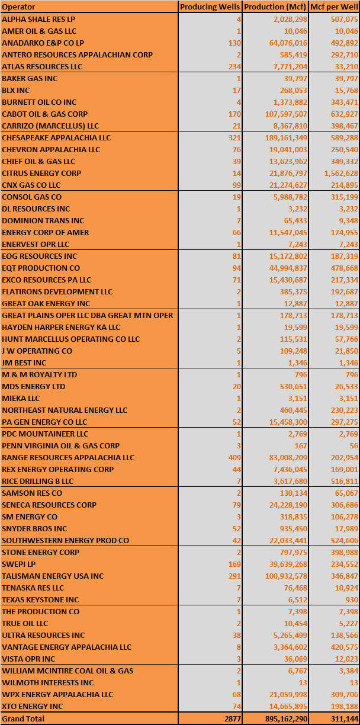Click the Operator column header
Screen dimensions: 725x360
(19, 7)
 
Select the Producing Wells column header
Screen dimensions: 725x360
(210, 7)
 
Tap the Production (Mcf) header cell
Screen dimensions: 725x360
(274, 7)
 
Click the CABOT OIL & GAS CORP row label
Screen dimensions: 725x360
(44, 114)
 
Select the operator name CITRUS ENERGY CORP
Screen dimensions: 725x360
(41, 173)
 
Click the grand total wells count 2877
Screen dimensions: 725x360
(232, 718)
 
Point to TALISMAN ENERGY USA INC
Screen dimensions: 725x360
(53, 576)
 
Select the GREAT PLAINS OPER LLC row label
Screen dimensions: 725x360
(88, 315)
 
